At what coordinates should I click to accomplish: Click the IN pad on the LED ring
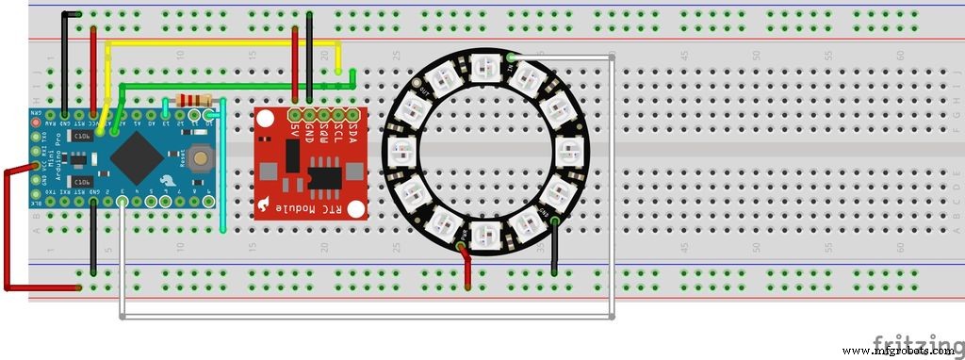[x=510, y=58]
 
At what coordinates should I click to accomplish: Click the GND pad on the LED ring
[x=554, y=221]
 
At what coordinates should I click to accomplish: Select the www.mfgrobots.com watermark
[x=899, y=352]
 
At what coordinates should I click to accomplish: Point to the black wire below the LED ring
[x=554, y=250]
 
